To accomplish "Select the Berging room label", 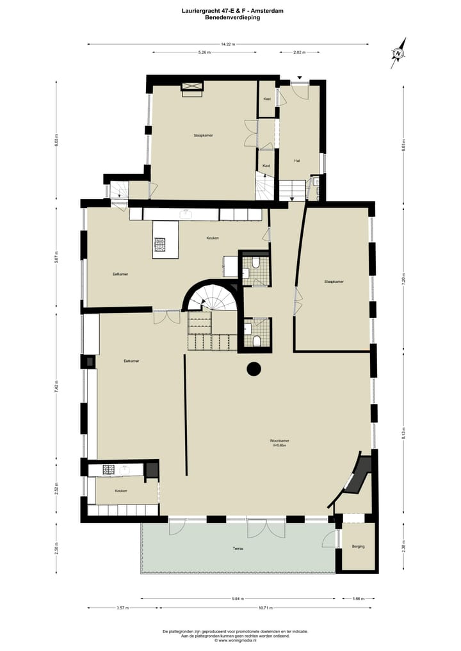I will [x=358, y=546].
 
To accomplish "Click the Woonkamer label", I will [x=280, y=441].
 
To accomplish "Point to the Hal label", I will [x=297, y=160].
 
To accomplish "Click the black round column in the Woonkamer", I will [x=254, y=369].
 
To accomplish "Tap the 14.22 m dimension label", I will [x=228, y=44].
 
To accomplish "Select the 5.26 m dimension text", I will [x=204, y=52].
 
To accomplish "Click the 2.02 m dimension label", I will [x=298, y=52].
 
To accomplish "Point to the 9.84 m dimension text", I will [x=238, y=599].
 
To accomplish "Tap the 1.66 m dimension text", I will [x=358, y=599].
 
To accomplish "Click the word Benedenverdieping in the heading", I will [x=232, y=18].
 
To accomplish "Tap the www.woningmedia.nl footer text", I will [x=238, y=639].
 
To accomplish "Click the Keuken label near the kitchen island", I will [x=213, y=238].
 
